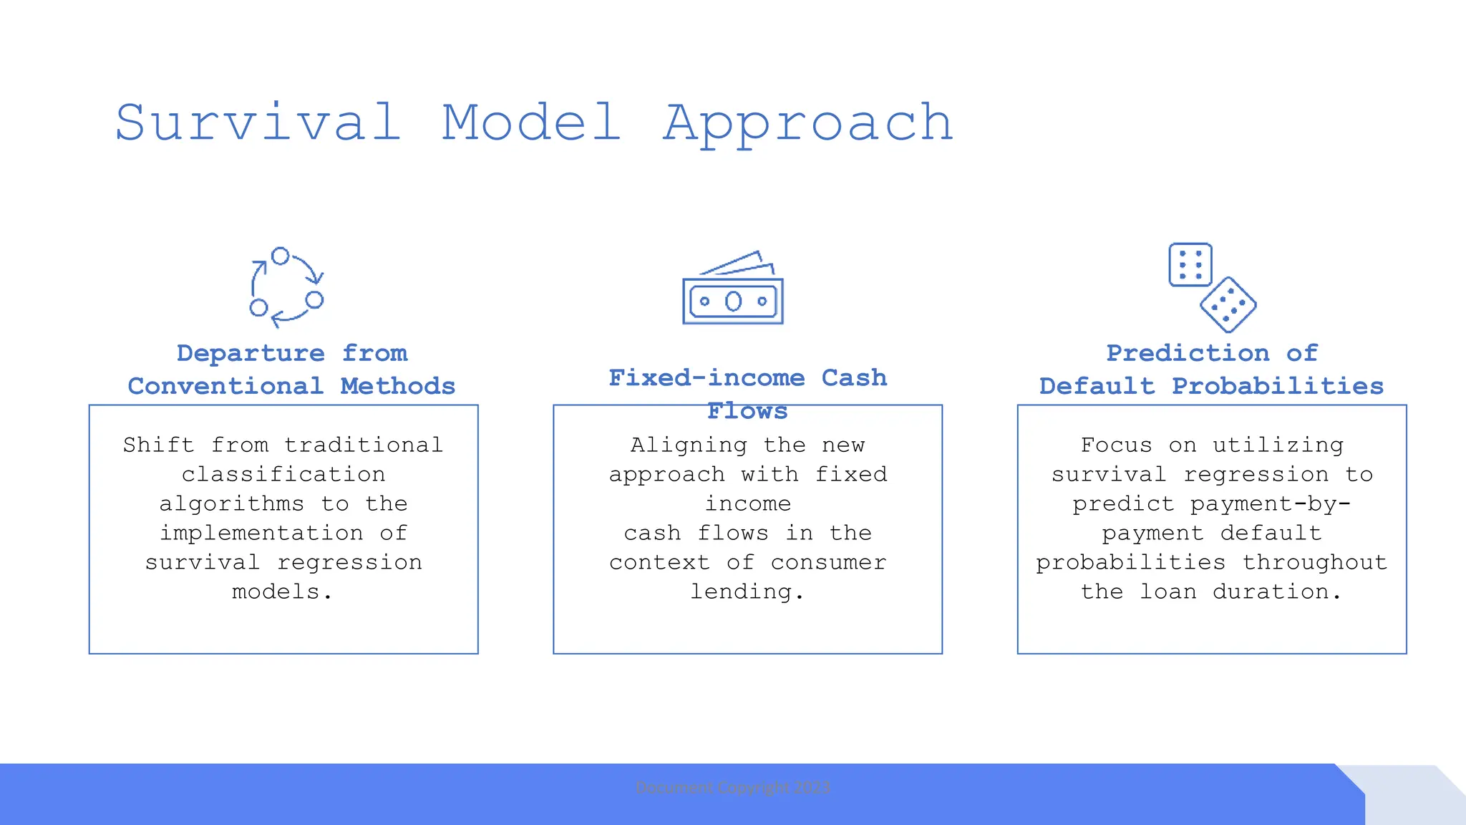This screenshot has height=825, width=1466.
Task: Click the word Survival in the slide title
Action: pyautogui.click(x=258, y=123)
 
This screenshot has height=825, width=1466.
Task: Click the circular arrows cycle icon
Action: pyautogui.click(x=286, y=287)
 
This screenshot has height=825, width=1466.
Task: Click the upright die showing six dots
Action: pyautogui.click(x=1190, y=264)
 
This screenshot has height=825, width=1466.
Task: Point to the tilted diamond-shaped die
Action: pyautogui.click(x=1228, y=305)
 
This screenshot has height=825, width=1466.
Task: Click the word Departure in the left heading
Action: pyautogui.click(x=251, y=353)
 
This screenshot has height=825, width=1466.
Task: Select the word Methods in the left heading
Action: pyautogui.click(x=397, y=386)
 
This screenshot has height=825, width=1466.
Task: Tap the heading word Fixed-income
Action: pyautogui.click(x=707, y=377)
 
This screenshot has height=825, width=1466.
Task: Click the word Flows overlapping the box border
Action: pyautogui.click(x=747, y=411)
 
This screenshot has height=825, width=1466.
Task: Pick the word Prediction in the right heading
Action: pyautogui.click(x=1188, y=353)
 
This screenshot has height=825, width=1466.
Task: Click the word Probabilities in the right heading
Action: pyautogui.click(x=1277, y=386)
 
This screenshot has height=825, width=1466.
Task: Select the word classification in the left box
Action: pyautogui.click(x=283, y=475)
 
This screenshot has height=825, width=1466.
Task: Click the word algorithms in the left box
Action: pyautogui.click(x=231, y=504)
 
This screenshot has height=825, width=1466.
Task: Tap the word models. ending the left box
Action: pyautogui.click(x=282, y=592)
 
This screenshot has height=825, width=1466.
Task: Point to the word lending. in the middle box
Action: pyautogui.click(x=747, y=592)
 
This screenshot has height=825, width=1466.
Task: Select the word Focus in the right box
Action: pyautogui.click(x=1116, y=445)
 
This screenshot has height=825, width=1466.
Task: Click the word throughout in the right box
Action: pyautogui.click(x=1314, y=563)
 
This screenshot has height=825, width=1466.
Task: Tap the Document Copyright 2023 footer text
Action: pyautogui.click(x=733, y=788)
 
